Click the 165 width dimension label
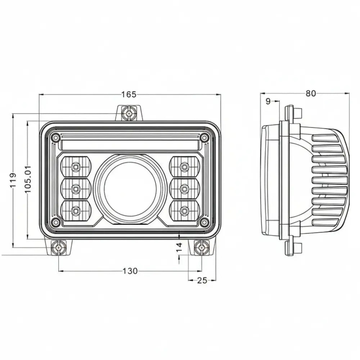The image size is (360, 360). pyautogui.click(x=129, y=95)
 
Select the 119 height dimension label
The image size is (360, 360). pyautogui.click(x=13, y=181)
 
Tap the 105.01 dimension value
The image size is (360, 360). pyautogui.click(x=28, y=179)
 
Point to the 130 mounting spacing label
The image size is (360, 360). pyautogui.click(x=130, y=271)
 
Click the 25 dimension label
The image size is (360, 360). pyautogui.click(x=202, y=280)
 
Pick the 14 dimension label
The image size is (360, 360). pyautogui.click(x=179, y=247)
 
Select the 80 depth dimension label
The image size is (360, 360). pyautogui.click(x=310, y=94)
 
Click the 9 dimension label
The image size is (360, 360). pyautogui.click(x=268, y=102)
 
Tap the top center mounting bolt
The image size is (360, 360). pyautogui.click(x=129, y=113)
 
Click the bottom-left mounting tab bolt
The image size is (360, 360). pyautogui.click(x=58, y=247)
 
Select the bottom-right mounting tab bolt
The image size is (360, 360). pyautogui.click(x=201, y=247)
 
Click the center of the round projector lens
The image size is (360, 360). pyautogui.click(x=130, y=188)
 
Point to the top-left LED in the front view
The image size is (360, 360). pyautogui.click(x=76, y=167)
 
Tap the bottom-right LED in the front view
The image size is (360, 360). pyautogui.click(x=184, y=210)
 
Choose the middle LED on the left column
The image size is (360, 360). pyautogui.click(x=76, y=188)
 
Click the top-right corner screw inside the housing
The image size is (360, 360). pyautogui.click(x=204, y=138)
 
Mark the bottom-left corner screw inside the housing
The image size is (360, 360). pyautogui.click(x=55, y=222)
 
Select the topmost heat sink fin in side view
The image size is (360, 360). pyautogui.click(x=326, y=138)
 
